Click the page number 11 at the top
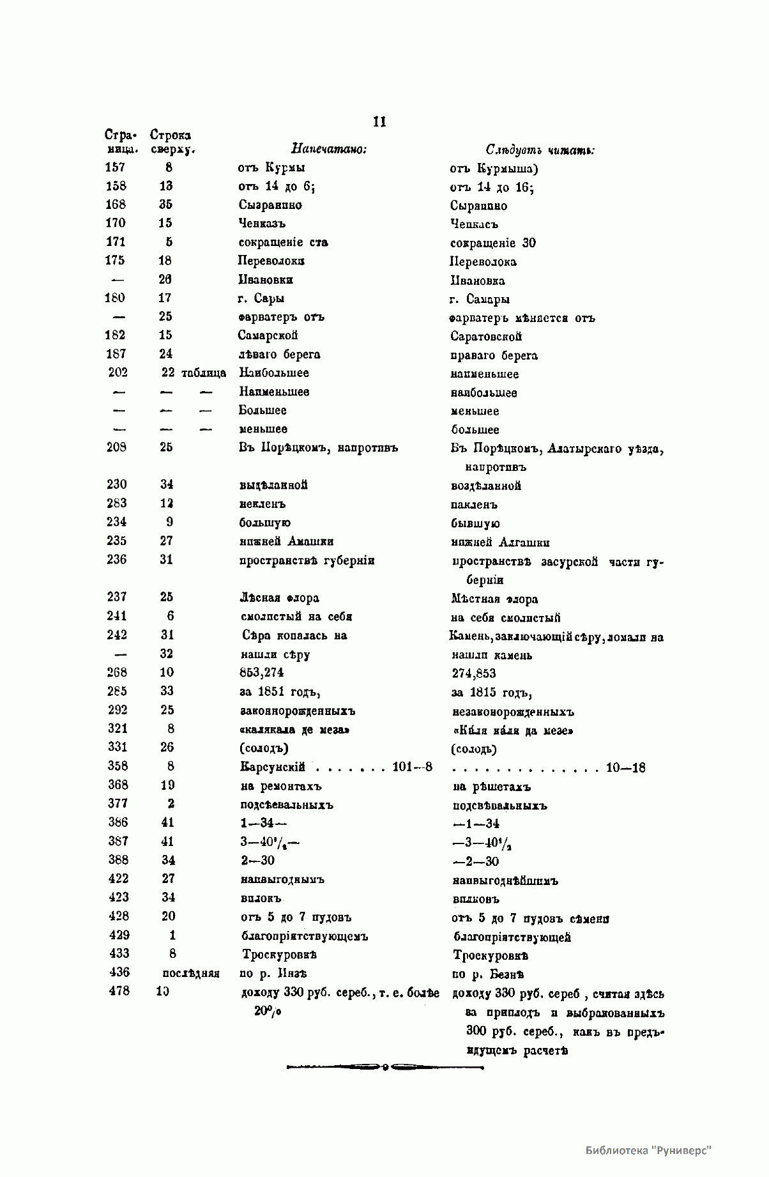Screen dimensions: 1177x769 click(379, 122)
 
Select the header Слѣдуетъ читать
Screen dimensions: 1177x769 click(540, 151)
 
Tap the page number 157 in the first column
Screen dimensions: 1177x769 click(116, 167)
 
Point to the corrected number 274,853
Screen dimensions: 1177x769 click(473, 673)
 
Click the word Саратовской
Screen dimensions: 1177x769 click(486, 336)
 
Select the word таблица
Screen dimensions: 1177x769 click(204, 373)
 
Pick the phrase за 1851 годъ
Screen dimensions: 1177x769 click(278, 691)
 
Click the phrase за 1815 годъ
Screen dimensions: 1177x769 click(492, 693)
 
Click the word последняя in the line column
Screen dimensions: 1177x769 click(191, 973)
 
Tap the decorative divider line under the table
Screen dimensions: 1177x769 click(384, 1066)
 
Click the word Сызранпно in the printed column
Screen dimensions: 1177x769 click(270, 205)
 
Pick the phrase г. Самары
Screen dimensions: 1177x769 click(480, 299)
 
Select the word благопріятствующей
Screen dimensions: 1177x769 click(512, 937)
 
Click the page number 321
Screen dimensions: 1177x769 click(118, 728)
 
